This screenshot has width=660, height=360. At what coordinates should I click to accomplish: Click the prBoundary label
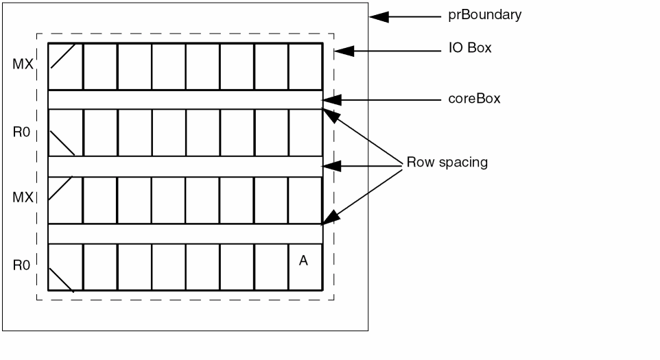click(x=480, y=14)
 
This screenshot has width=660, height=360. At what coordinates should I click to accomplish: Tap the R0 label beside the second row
click(x=21, y=132)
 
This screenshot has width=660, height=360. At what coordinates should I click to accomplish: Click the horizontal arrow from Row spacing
click(x=360, y=165)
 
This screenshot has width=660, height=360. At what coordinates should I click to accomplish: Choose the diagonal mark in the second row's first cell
click(x=64, y=144)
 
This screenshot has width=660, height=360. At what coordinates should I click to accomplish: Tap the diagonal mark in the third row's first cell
click(x=64, y=191)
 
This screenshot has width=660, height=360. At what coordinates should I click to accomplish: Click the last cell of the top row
click(x=305, y=67)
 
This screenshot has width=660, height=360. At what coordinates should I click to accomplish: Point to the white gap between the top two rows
click(x=185, y=99)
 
